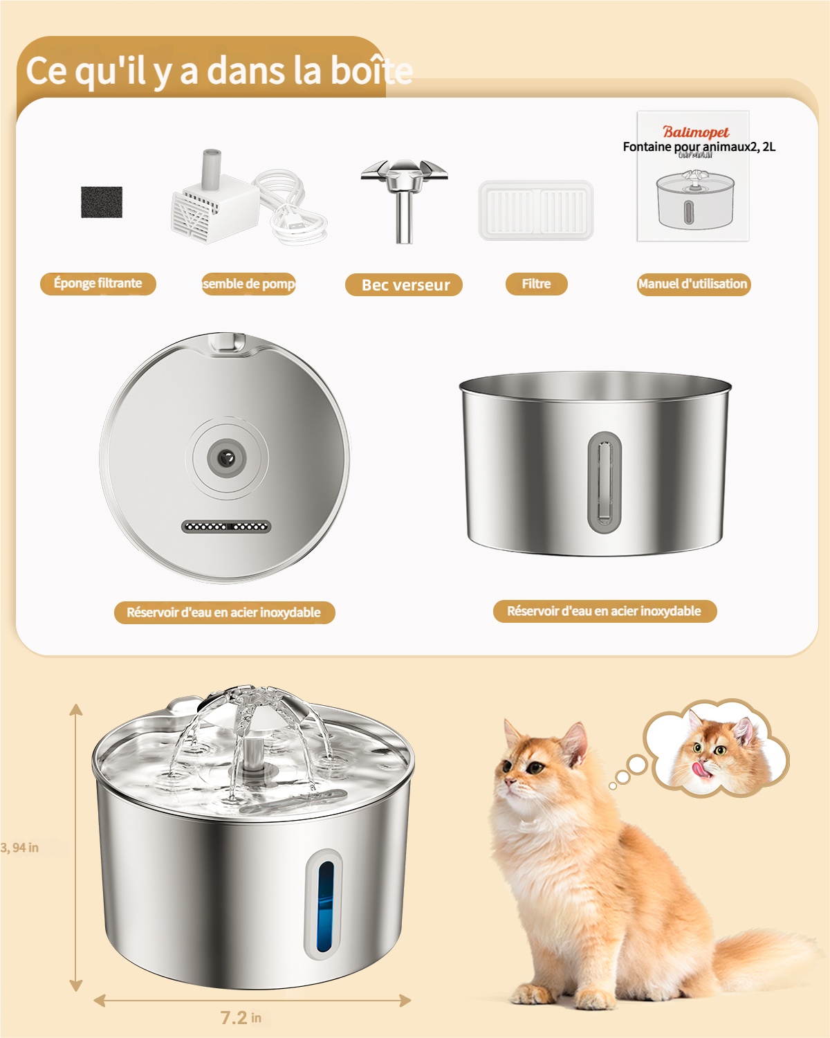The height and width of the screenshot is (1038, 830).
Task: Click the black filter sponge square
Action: (102, 202)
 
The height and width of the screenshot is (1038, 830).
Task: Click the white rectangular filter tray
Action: (536, 210)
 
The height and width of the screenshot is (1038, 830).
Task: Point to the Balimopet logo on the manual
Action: (696, 131)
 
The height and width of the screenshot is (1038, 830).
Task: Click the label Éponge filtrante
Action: (98, 284)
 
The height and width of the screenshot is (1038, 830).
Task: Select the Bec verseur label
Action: (405, 285)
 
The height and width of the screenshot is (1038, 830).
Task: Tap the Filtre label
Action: (536, 284)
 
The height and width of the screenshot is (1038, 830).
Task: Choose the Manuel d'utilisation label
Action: (693, 284)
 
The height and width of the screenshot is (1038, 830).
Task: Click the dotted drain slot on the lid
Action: (226, 527)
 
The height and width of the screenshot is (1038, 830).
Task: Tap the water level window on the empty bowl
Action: (605, 482)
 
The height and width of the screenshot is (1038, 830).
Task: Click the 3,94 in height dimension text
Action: (20, 848)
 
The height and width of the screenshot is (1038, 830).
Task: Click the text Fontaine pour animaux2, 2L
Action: (699, 147)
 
